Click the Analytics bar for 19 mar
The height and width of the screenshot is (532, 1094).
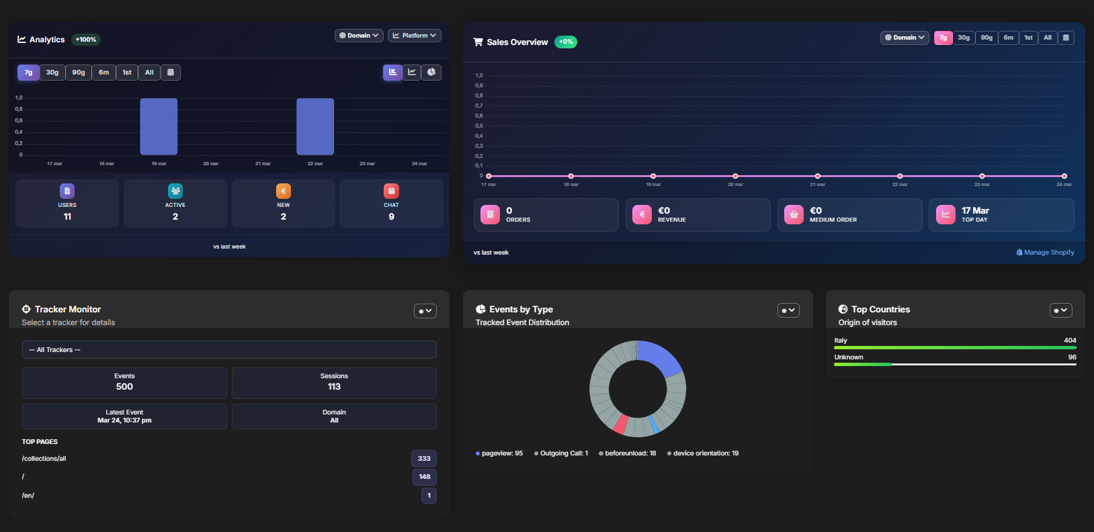tap(159, 126)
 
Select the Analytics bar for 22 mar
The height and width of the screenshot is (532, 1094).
tap(315, 126)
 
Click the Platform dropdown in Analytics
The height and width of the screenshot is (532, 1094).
tap(414, 36)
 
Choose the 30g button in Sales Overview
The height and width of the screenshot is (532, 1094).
tap(964, 38)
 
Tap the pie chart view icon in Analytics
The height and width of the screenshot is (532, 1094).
tap(431, 72)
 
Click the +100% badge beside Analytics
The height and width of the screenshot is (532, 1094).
tap(86, 40)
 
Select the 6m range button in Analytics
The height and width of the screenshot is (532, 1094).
tap(103, 73)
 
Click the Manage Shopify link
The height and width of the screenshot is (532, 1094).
tap(1045, 253)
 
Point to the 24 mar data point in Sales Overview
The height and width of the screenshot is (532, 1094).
tap(1064, 176)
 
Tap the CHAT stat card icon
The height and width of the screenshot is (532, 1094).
tap(391, 191)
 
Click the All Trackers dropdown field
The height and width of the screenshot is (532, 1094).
tap(229, 349)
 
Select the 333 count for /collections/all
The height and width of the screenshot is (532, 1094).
tap(424, 459)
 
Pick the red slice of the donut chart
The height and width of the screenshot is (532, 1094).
tap(621, 424)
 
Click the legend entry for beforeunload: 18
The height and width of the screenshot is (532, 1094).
tap(628, 453)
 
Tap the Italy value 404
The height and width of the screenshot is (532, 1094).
tap(1070, 341)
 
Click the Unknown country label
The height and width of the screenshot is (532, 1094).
tap(849, 357)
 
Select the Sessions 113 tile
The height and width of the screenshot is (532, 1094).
tap(334, 382)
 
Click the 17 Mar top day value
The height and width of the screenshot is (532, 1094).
tap(975, 210)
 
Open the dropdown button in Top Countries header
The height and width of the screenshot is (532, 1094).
tap(1060, 310)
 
